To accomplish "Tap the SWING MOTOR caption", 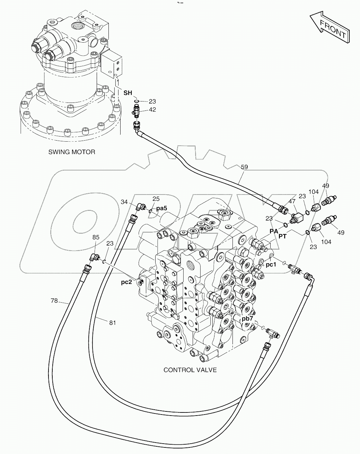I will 71,152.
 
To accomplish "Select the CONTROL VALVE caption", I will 190,370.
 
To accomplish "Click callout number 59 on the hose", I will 244,167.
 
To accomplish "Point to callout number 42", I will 152,110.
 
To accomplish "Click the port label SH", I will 128,92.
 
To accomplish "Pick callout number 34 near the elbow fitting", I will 124,202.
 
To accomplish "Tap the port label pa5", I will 161,208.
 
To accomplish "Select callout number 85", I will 96,237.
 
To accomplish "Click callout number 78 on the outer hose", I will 54,301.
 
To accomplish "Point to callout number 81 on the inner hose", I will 112,323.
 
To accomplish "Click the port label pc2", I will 126,282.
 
